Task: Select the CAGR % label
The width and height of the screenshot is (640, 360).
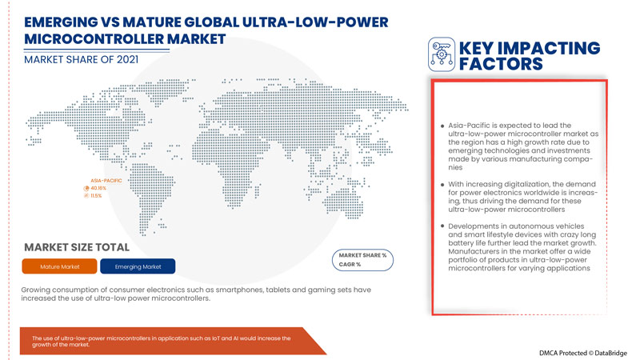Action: (350, 264)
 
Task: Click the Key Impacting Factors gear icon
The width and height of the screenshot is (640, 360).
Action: (442, 53)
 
